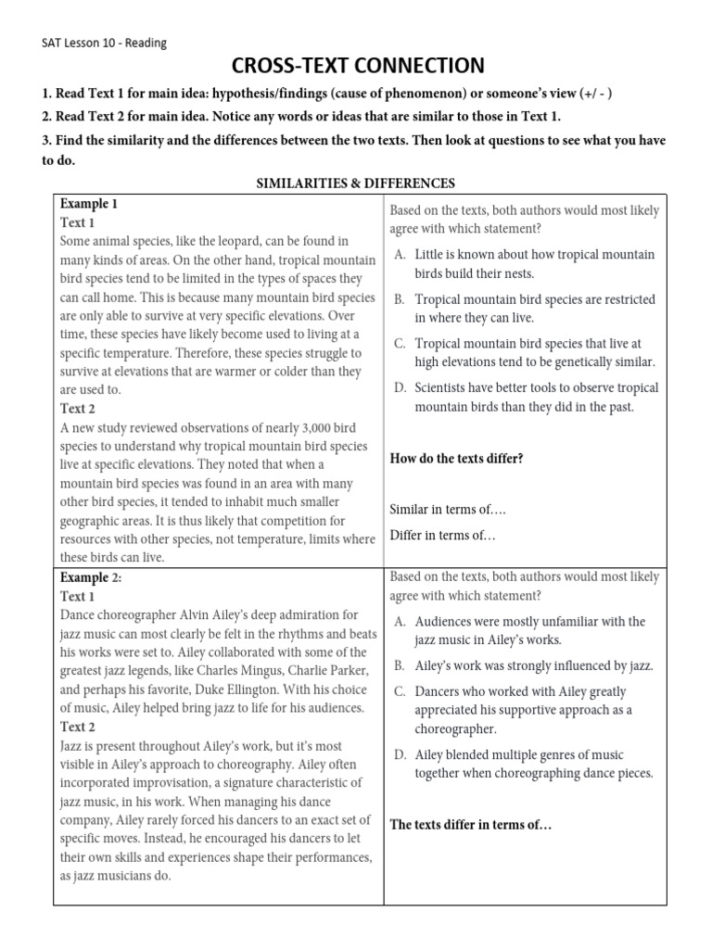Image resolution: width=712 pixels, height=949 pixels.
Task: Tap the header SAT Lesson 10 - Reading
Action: [x=105, y=43]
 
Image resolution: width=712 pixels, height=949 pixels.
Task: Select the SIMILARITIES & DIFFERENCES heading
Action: [x=355, y=183]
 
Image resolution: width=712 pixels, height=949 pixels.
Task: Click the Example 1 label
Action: [x=89, y=203]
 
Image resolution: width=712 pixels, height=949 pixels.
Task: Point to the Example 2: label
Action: [x=91, y=577]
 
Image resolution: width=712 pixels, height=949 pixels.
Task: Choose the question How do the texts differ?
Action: [x=456, y=458]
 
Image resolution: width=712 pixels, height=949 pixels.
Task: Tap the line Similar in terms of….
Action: [x=448, y=509]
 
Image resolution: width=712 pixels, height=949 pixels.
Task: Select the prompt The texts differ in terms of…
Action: [x=471, y=825]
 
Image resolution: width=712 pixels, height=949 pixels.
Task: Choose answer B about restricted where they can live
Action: [x=537, y=309]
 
